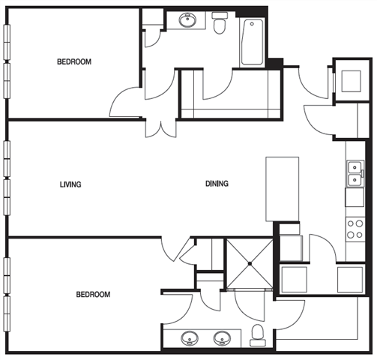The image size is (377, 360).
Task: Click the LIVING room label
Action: pyautogui.click(x=70, y=184)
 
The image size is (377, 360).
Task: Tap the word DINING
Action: pyautogui.click(x=217, y=184)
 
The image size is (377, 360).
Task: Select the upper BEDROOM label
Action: pyautogui.click(x=74, y=62)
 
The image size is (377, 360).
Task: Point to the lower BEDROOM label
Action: pyautogui.click(x=93, y=295)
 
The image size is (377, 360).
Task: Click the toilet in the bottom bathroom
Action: pyautogui.click(x=258, y=334)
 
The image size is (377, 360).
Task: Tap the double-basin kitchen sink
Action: pyautogui.click(x=354, y=175)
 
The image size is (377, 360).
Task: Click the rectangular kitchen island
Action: pyautogui.click(x=282, y=188)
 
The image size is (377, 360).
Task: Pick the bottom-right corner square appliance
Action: pyautogui.click(x=351, y=278)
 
